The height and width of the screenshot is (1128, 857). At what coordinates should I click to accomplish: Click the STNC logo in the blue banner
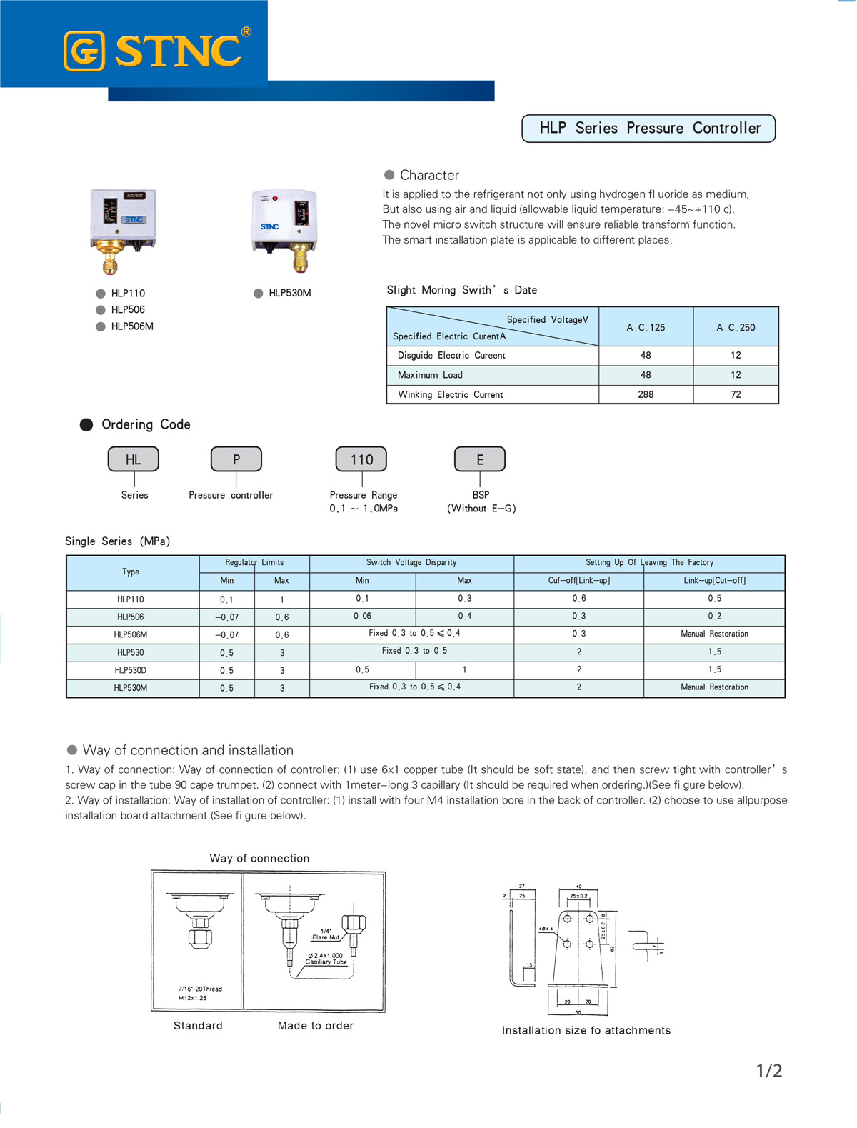pyautogui.click(x=157, y=51)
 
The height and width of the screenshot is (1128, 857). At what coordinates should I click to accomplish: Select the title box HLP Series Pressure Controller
pyautogui.click(x=648, y=129)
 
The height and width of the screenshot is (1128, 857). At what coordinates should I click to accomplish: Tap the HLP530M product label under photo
pyautogui.click(x=289, y=294)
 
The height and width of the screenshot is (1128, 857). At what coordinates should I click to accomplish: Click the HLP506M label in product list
pyautogui.click(x=132, y=326)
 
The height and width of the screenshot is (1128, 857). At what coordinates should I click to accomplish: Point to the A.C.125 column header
pyautogui.click(x=646, y=327)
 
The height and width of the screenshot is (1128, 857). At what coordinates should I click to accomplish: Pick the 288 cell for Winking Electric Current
pyautogui.click(x=646, y=394)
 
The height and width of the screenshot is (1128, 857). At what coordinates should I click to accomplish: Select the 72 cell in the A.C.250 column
pyautogui.click(x=736, y=394)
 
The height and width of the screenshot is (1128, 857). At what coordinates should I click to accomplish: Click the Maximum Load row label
pyautogui.click(x=430, y=375)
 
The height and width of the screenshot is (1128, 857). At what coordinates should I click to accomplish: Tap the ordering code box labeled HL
pyautogui.click(x=134, y=460)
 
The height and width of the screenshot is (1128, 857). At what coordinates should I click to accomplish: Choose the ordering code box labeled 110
pyautogui.click(x=361, y=460)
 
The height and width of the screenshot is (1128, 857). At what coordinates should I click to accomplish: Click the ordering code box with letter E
pyautogui.click(x=480, y=460)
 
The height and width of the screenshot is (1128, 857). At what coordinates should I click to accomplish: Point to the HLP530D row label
pyautogui.click(x=131, y=670)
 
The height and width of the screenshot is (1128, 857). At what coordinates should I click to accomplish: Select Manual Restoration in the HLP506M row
pyautogui.click(x=714, y=634)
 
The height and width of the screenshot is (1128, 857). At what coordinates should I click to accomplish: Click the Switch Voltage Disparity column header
pyautogui.click(x=411, y=563)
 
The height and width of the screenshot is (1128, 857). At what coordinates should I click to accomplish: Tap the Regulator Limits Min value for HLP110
pyautogui.click(x=226, y=599)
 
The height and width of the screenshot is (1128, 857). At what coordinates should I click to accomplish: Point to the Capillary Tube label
pyautogui.click(x=326, y=962)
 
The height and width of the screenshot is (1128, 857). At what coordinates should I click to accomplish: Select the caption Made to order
pyautogui.click(x=316, y=1026)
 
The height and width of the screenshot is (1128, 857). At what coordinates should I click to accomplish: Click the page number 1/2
pyautogui.click(x=769, y=1071)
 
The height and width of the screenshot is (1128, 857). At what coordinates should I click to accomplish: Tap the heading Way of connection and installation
pyautogui.click(x=188, y=750)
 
